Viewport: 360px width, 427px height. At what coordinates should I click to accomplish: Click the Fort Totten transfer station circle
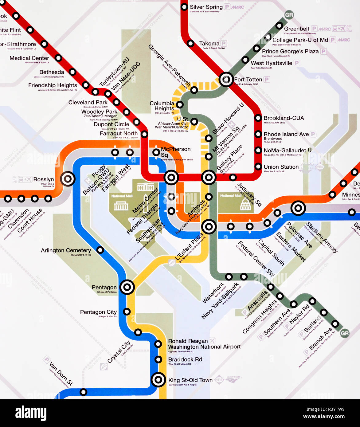pyautogui.click(x=226, y=80)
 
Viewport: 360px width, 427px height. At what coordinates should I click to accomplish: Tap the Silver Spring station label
pyautogui.click(x=206, y=7)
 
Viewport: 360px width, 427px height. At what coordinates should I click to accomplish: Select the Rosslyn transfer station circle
pyautogui.click(x=68, y=179)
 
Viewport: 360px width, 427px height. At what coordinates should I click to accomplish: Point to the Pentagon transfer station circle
pyautogui.click(x=127, y=287)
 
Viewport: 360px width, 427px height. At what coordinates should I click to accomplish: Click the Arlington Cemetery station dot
pyautogui.click(x=100, y=250)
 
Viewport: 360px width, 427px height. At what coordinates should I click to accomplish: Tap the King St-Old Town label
pyautogui.click(x=190, y=380)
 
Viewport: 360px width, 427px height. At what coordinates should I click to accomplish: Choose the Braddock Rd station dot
pyautogui.click(x=158, y=359)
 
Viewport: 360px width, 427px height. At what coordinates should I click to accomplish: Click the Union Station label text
pyautogui.click(x=281, y=167)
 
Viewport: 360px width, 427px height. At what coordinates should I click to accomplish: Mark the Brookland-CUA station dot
pyautogui.click(x=258, y=118)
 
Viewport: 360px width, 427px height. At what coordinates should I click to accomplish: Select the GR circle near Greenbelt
pyautogui.click(x=289, y=15)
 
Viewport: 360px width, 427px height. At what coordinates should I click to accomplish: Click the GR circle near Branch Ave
pyautogui.click(x=345, y=333)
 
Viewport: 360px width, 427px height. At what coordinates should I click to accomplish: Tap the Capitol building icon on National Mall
pyautogui.click(x=245, y=204)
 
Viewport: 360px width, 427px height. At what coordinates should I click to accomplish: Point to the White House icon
pyautogui.click(x=146, y=187)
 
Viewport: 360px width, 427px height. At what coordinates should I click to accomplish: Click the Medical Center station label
pyautogui.click(x=29, y=58)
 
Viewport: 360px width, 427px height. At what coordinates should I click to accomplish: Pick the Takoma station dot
pyautogui.click(x=190, y=44)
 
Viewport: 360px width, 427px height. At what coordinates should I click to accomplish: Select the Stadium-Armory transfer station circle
pyautogui.click(x=298, y=208)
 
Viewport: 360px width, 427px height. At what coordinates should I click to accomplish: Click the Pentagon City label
pyautogui.click(x=98, y=312)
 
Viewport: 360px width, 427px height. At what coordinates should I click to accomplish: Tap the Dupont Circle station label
pyautogui.click(x=112, y=124)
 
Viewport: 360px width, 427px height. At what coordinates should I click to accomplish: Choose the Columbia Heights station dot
pyautogui.click(x=180, y=104)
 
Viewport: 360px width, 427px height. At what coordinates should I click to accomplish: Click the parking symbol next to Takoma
pyautogui.click(x=224, y=44)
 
